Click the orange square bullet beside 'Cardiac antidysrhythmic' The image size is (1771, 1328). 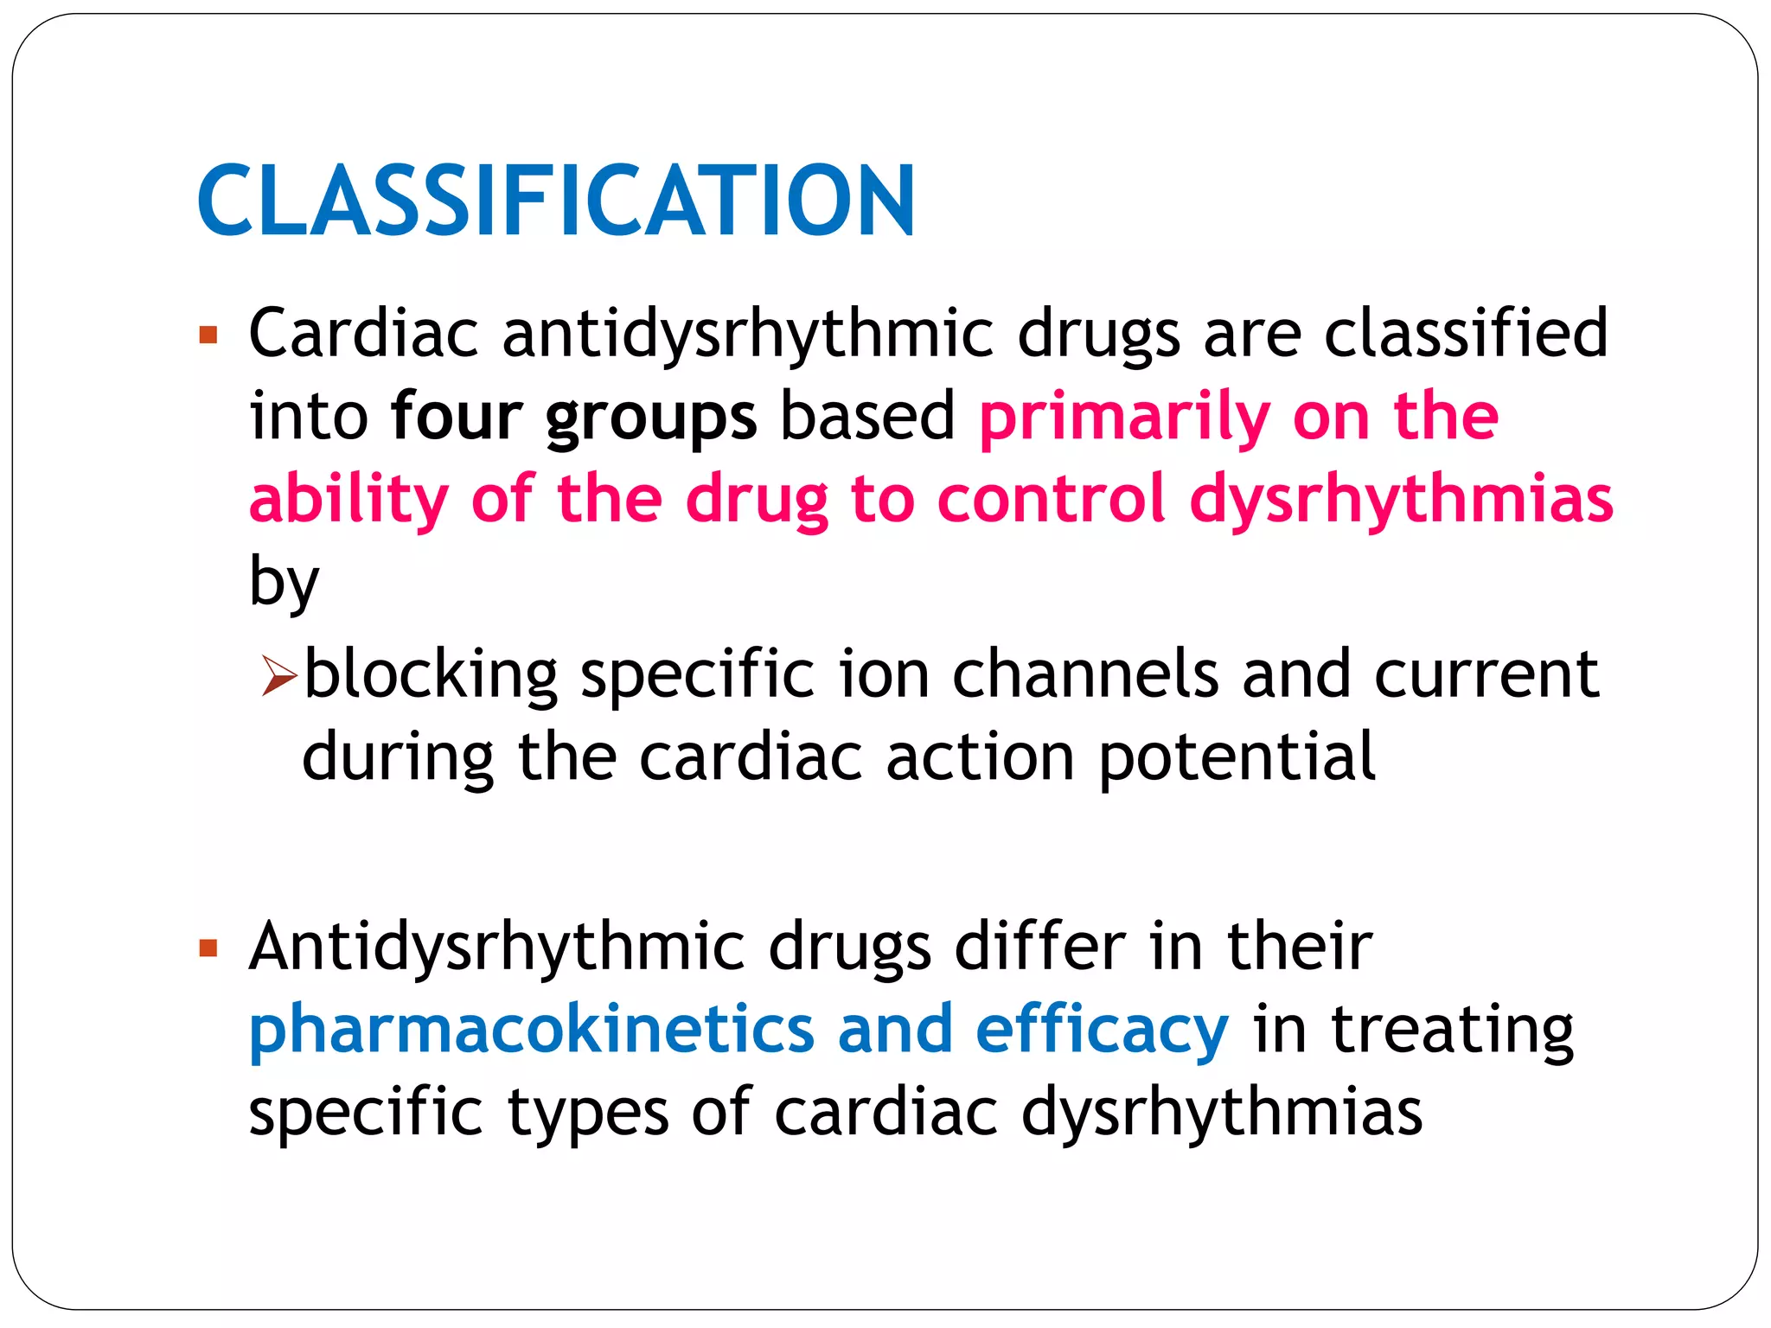pos(208,335)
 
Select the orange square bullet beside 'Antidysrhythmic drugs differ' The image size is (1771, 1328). pos(208,948)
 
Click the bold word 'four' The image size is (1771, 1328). pos(456,417)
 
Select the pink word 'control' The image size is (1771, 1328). pos(1052,499)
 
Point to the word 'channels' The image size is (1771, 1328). pos(1085,674)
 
